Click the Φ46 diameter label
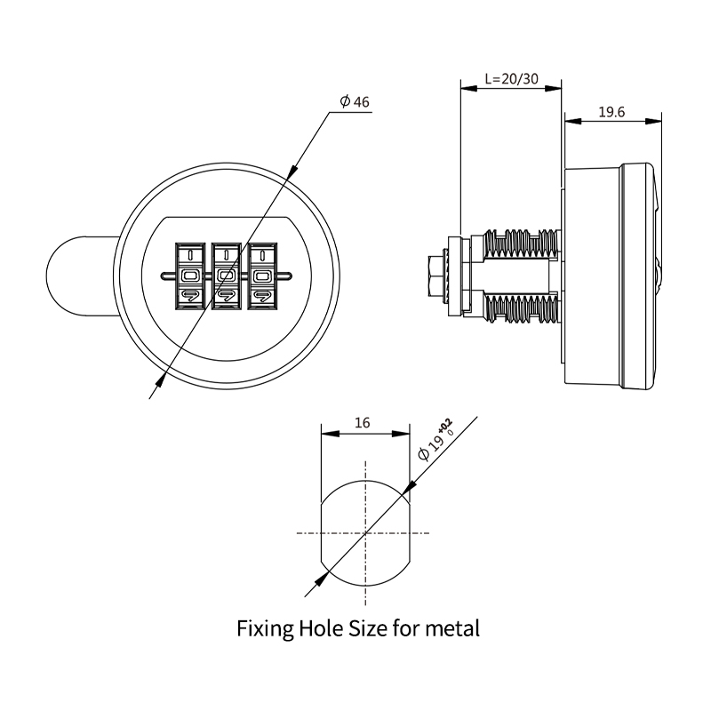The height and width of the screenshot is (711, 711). pyautogui.click(x=355, y=102)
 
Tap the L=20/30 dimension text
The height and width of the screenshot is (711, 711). pyautogui.click(x=511, y=78)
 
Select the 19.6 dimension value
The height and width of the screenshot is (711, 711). pyautogui.click(x=611, y=113)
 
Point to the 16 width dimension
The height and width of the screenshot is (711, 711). pyautogui.click(x=362, y=424)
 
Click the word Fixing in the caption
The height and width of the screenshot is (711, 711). pyautogui.click(x=265, y=629)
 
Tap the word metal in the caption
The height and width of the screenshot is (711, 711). pyautogui.click(x=452, y=629)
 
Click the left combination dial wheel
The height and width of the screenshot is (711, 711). pyautogui.click(x=189, y=276)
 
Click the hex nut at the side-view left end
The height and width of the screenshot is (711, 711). pyautogui.click(x=435, y=276)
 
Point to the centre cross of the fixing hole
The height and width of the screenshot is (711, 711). pyautogui.click(x=365, y=533)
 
